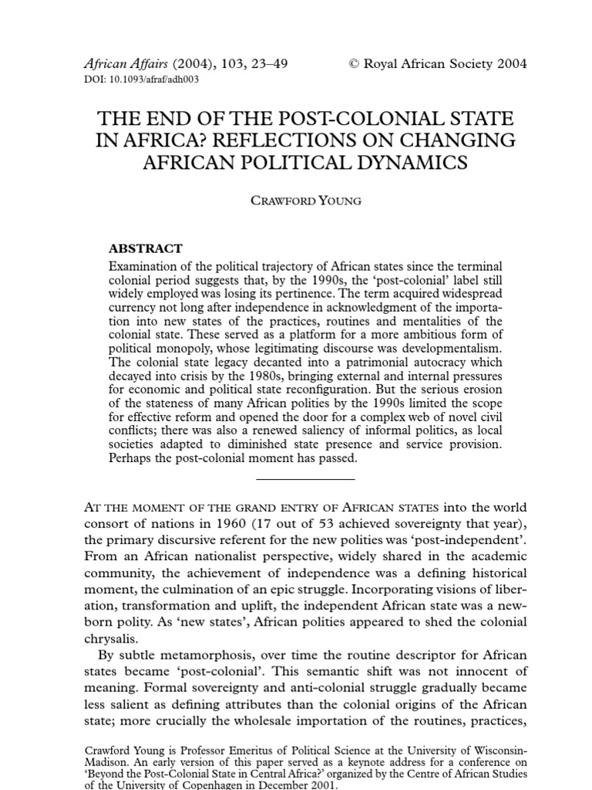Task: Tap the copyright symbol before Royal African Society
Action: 356,64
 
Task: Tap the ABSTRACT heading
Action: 146,248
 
